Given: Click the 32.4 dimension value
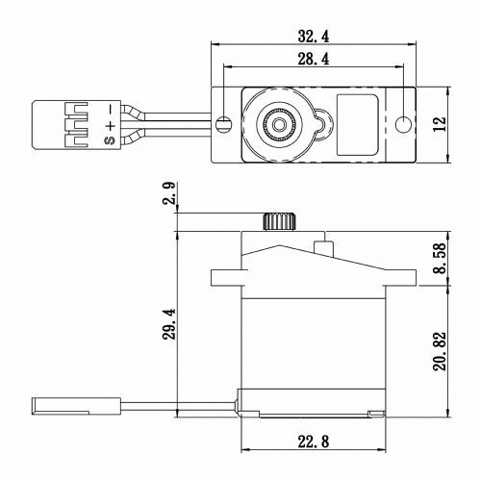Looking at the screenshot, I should (313, 37).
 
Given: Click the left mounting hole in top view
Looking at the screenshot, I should (224, 122).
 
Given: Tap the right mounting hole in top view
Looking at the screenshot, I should (401, 122).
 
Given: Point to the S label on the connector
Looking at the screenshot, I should (111, 139).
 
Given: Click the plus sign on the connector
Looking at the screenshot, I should (112, 123).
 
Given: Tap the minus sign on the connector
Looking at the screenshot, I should (112, 108).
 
